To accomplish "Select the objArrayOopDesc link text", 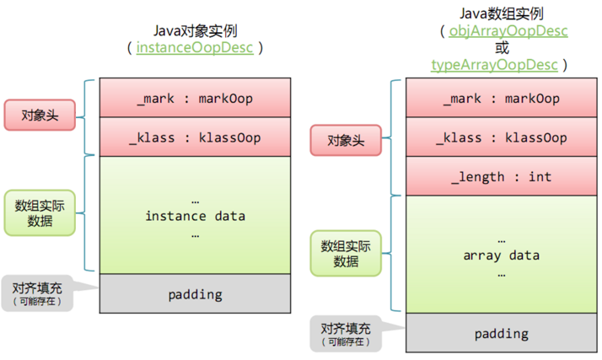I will pyautogui.click(x=503, y=31).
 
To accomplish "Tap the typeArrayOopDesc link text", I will pyautogui.click(x=493, y=65).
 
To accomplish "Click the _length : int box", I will pyautogui.click(x=503, y=177).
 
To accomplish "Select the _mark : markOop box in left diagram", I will pyautogui.click(x=195, y=99).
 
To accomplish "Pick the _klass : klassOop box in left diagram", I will pyautogui.click(x=195, y=137).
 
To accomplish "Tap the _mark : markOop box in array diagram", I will pyautogui.click(x=503, y=99).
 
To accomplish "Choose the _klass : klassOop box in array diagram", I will pyautogui.click(x=503, y=137).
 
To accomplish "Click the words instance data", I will pyautogui.click(x=195, y=216).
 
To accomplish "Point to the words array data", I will pyautogui.click(x=503, y=255).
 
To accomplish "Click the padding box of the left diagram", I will pyautogui.click(x=195, y=294).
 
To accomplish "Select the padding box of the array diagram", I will pyautogui.click(x=503, y=333).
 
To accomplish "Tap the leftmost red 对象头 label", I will pyautogui.click(x=40, y=115).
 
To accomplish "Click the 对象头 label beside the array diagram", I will pyautogui.click(x=346, y=139).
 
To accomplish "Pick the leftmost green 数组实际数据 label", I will pyautogui.click(x=40, y=212).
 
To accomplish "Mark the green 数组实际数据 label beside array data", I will pyautogui.click(x=346, y=253).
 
